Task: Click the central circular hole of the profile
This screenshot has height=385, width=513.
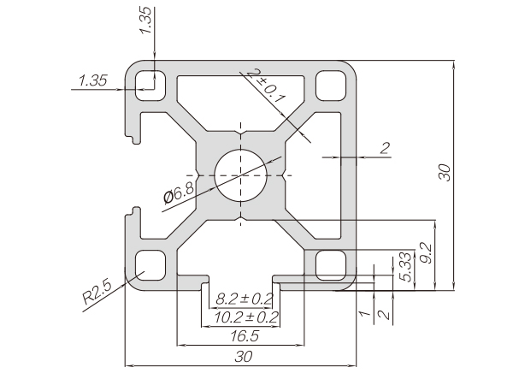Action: click(241, 175)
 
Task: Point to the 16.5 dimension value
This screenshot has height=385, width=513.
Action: click(241, 336)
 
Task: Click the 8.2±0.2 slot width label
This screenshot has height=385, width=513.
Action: click(244, 299)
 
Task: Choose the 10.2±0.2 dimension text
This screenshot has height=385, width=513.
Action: click(244, 317)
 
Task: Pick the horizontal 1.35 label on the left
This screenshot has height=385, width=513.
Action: click(91, 80)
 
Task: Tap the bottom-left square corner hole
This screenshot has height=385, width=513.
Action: click(150, 264)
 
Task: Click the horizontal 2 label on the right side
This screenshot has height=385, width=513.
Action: click(385, 149)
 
